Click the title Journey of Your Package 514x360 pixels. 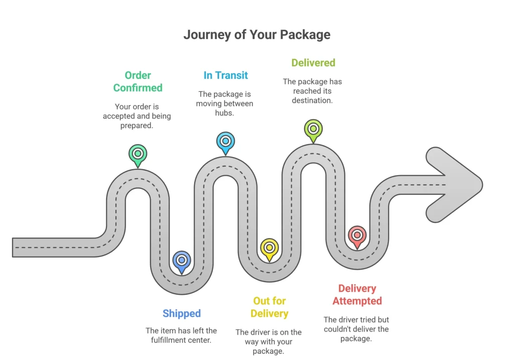[256, 35]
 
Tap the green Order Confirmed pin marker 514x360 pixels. [138, 154]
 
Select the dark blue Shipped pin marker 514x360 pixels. [181, 261]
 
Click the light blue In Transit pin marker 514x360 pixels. [225, 141]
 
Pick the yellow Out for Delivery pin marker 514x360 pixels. [270, 248]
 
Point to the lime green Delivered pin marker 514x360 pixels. [313, 129]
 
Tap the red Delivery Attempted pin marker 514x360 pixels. [357, 235]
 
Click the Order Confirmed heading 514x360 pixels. [138, 81]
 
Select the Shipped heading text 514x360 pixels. [181, 313]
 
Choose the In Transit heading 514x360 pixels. [225, 75]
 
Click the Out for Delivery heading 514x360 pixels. [270, 307]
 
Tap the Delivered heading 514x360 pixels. [313, 63]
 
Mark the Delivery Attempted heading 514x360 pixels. [357, 295]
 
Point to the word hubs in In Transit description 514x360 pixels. [225, 113]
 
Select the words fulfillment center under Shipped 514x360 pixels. [181, 340]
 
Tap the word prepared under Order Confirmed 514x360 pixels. [137, 126]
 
